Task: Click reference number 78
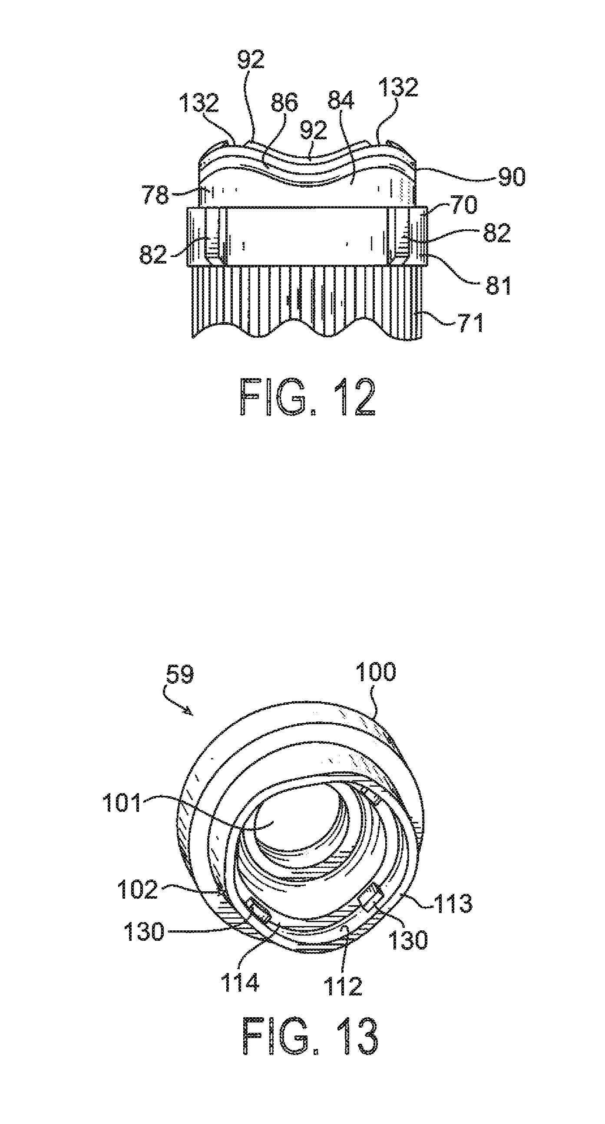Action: pos(155,195)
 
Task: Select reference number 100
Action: pos(376,672)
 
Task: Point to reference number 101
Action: pos(122,803)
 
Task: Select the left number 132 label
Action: pos(198,103)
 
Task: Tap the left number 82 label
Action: pos(153,254)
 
